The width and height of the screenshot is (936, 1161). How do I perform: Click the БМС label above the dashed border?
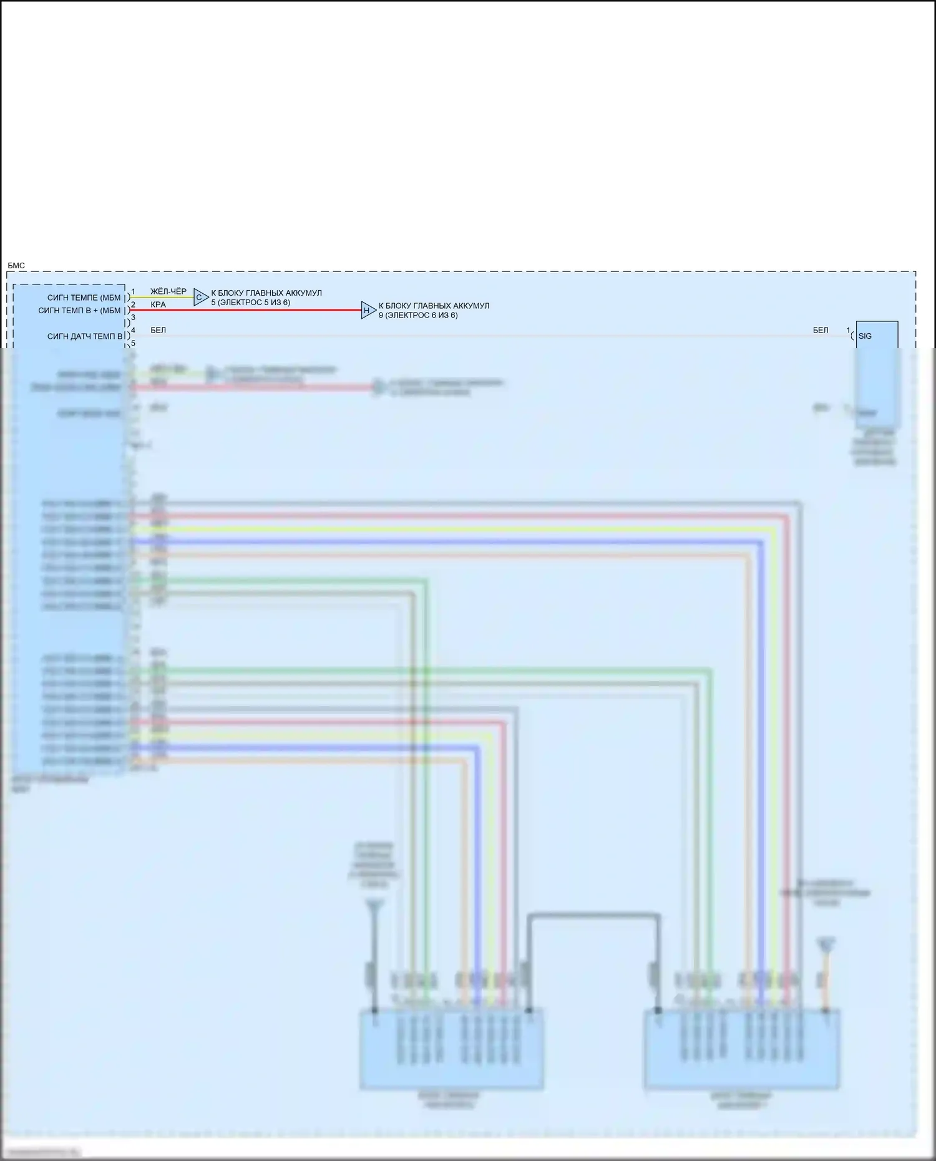click(16, 266)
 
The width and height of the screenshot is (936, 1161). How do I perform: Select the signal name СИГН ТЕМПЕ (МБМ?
click(84, 298)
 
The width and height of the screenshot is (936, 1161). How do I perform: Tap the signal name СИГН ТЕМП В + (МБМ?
click(79, 311)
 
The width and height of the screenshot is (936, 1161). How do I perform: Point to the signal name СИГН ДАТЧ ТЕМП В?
click(85, 336)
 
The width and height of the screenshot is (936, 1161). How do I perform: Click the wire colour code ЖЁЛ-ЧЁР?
click(168, 291)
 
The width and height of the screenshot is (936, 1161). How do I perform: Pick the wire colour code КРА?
click(158, 304)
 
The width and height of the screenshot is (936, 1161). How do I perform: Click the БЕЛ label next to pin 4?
click(158, 330)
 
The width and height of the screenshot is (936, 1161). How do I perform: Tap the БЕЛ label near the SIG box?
click(820, 330)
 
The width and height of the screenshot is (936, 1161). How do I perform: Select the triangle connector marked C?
click(200, 298)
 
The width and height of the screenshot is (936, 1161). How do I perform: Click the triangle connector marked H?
click(368, 310)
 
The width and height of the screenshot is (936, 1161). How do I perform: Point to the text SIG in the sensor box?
click(865, 336)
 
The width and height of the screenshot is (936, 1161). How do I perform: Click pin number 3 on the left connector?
click(133, 318)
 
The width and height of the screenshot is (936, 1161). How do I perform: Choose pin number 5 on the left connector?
click(133, 343)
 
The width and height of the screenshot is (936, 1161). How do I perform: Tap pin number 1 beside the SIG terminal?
click(848, 330)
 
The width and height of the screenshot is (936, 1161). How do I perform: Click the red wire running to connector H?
click(250, 310)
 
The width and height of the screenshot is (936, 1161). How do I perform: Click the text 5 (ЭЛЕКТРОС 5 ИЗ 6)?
click(250, 303)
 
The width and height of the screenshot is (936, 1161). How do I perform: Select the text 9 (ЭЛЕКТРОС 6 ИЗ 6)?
click(417, 315)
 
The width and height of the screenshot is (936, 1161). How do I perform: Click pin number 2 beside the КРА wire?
click(133, 304)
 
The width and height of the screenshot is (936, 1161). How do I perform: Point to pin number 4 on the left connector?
click(133, 330)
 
